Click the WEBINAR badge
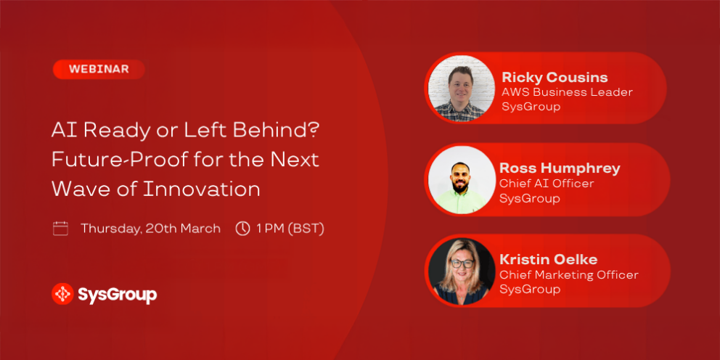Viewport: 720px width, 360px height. tap(99, 70)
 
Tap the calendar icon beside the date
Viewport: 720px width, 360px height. tap(61, 228)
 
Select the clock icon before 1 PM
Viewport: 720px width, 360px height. tap(242, 228)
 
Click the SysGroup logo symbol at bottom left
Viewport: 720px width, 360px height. tap(62, 294)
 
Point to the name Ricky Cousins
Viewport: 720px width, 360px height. tap(555, 77)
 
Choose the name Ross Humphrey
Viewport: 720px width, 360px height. tap(560, 168)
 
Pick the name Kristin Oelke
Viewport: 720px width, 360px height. tap(548, 259)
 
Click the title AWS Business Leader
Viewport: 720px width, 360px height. tap(567, 92)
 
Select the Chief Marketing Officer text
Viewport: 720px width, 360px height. tap(569, 275)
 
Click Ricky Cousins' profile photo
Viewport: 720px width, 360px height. tap(462, 89)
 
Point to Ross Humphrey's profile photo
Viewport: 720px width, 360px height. tap(462, 180)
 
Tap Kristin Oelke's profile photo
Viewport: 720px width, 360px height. tap(462, 271)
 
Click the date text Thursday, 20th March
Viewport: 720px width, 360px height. tap(151, 229)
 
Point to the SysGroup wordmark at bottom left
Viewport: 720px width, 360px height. tap(118, 295)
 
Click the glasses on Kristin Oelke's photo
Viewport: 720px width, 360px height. tap(462, 263)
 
